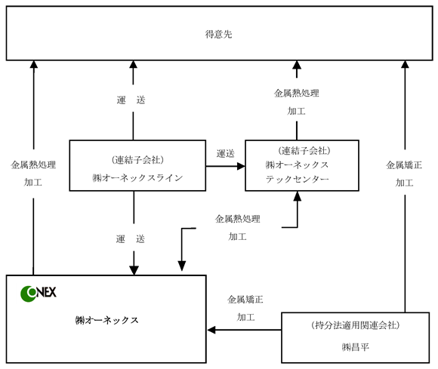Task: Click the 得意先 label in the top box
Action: [x=218, y=34]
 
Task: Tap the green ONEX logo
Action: [x=39, y=294]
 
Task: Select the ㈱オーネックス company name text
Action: [x=106, y=320]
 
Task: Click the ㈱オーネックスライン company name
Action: [x=137, y=178]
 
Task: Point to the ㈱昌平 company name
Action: [x=356, y=347]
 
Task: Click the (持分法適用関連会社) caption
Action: [x=356, y=325]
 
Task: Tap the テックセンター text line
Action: [x=298, y=179]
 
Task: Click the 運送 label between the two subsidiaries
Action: [x=226, y=153]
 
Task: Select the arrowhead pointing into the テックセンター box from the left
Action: [x=241, y=166]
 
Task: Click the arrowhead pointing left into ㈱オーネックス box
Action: [x=211, y=330]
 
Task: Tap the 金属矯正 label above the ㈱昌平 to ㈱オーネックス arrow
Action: [x=245, y=300]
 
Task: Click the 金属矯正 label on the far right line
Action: [x=404, y=165]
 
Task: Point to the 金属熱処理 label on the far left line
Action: [x=33, y=165]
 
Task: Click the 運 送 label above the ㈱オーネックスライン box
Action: [x=131, y=100]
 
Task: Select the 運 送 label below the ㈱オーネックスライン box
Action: [x=131, y=239]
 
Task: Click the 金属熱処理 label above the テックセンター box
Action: [x=296, y=93]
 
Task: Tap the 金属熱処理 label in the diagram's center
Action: [x=237, y=219]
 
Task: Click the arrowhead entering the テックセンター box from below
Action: [x=298, y=196]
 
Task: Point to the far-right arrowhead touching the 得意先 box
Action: [x=405, y=64]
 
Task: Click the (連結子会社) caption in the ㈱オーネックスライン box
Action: [x=137, y=160]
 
